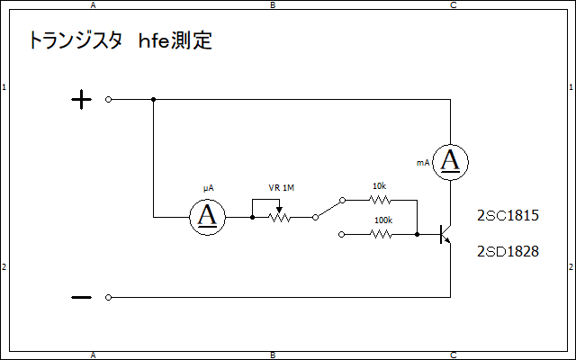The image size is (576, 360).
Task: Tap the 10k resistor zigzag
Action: pos(380,200)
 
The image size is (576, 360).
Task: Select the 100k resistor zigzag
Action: pos(381,234)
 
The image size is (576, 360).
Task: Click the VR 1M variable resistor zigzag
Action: pos(279,217)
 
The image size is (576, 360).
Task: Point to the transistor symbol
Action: pos(445,234)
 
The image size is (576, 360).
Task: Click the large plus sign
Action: pos(81,100)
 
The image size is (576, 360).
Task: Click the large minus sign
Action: pos(81,297)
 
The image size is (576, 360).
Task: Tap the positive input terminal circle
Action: pos(108,100)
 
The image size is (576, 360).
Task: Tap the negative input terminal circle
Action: pos(108,297)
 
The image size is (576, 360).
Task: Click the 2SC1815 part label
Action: pos(508,215)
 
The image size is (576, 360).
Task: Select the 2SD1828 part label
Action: pos(508,251)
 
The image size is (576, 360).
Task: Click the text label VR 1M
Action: pos(282,188)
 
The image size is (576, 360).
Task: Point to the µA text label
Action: pos(208,188)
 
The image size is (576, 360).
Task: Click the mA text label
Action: pos(423,163)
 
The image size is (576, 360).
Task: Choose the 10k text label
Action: pos(380,186)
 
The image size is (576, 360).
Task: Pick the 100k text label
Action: pos(383,220)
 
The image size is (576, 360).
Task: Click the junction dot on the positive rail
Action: pos(154,100)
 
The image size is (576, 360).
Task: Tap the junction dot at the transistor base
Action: pos(417,234)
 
